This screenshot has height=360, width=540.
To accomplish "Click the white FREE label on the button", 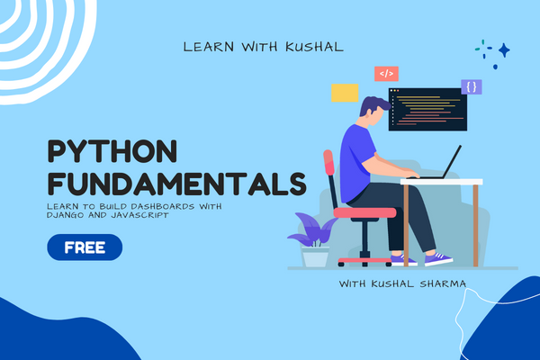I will [x=85, y=246].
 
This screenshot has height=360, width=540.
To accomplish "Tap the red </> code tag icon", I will [x=386, y=74].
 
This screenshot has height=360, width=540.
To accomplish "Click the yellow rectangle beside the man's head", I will [x=344, y=92].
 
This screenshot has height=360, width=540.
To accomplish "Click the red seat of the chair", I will [x=364, y=212].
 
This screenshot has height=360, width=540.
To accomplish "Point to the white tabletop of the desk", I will [x=441, y=182].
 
